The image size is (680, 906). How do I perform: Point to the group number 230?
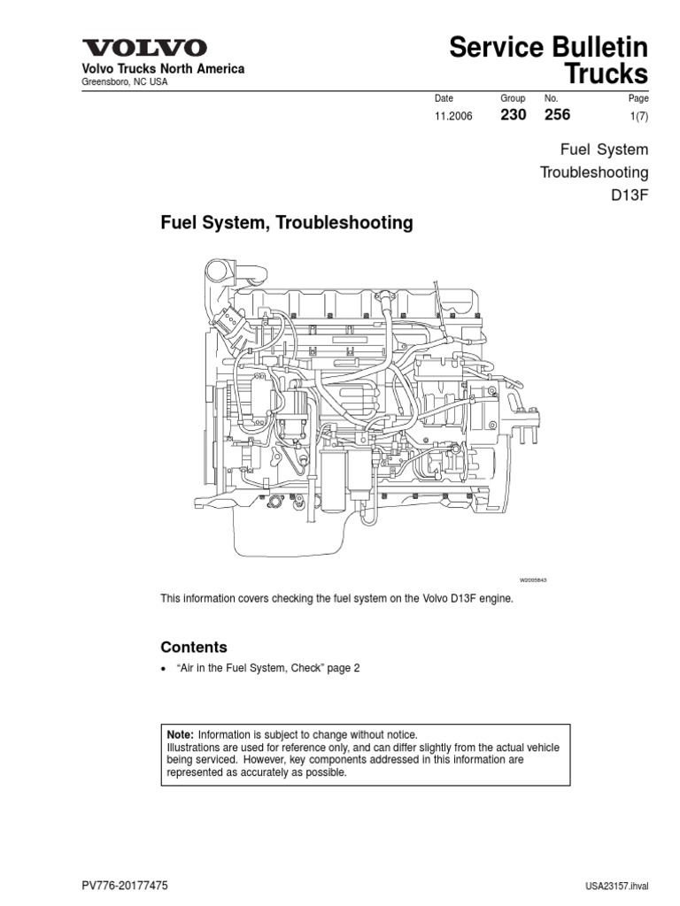pos(514,115)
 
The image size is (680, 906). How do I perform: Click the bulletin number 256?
pos(558,115)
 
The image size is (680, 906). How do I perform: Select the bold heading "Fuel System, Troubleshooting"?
pos(286,223)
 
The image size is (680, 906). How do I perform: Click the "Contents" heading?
pos(193,647)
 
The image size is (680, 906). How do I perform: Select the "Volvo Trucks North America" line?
pos(151,69)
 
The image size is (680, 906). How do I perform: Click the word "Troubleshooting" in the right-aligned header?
pos(594,172)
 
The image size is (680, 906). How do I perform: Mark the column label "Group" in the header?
pos(513,98)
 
